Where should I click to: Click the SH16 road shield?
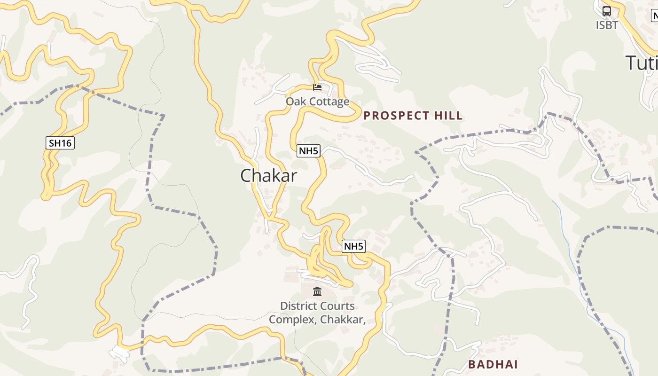click(60, 143)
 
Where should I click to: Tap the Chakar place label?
click(268, 176)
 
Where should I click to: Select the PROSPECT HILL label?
click(413, 116)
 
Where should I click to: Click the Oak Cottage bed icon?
click(317, 87)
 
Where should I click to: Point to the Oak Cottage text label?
click(318, 102)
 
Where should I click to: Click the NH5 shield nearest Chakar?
click(309, 151)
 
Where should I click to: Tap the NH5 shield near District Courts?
click(353, 246)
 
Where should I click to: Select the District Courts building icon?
click(317, 292)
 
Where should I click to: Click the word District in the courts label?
click(298, 306)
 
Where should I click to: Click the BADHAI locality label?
click(493, 364)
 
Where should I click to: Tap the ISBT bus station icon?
click(607, 11)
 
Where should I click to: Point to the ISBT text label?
click(607, 25)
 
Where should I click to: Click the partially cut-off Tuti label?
click(642, 63)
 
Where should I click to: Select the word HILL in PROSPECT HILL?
click(448, 116)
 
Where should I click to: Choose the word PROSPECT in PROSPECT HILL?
click(397, 116)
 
